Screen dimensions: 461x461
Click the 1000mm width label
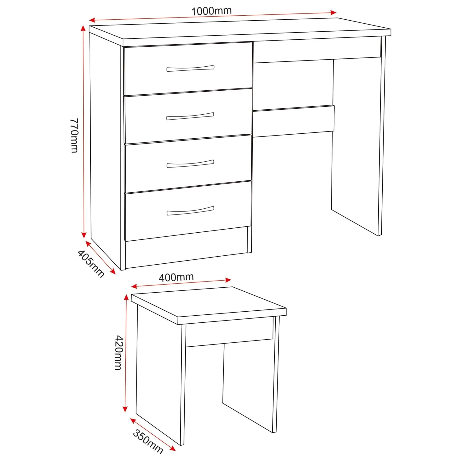pos(211,11)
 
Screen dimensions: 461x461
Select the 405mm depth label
pos(91,263)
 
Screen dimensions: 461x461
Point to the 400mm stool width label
pos(176,277)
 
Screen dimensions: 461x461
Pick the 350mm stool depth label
pos(148,442)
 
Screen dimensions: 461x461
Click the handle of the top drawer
pos(190,68)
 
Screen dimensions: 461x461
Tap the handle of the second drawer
pos(190,116)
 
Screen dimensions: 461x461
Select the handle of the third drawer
pos(190,164)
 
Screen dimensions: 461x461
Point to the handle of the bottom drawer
pos(190,211)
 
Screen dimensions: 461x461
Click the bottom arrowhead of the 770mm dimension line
pos(84,235)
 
